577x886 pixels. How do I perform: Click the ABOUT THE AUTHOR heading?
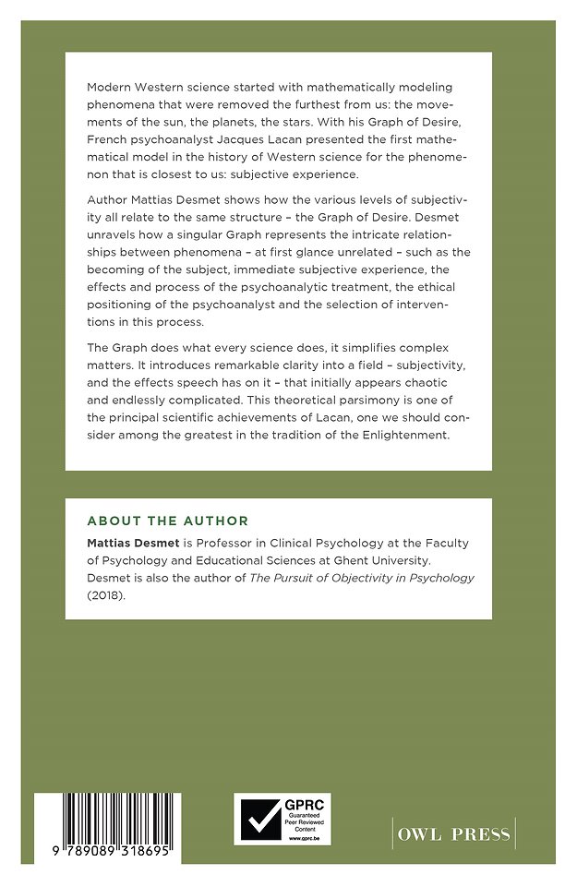point(167,521)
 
